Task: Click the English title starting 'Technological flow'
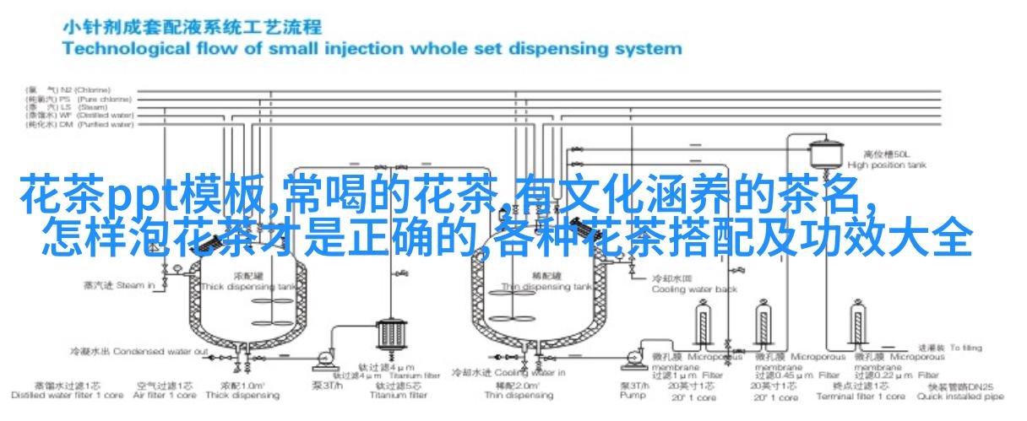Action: point(372,48)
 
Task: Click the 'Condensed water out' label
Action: point(139,350)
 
